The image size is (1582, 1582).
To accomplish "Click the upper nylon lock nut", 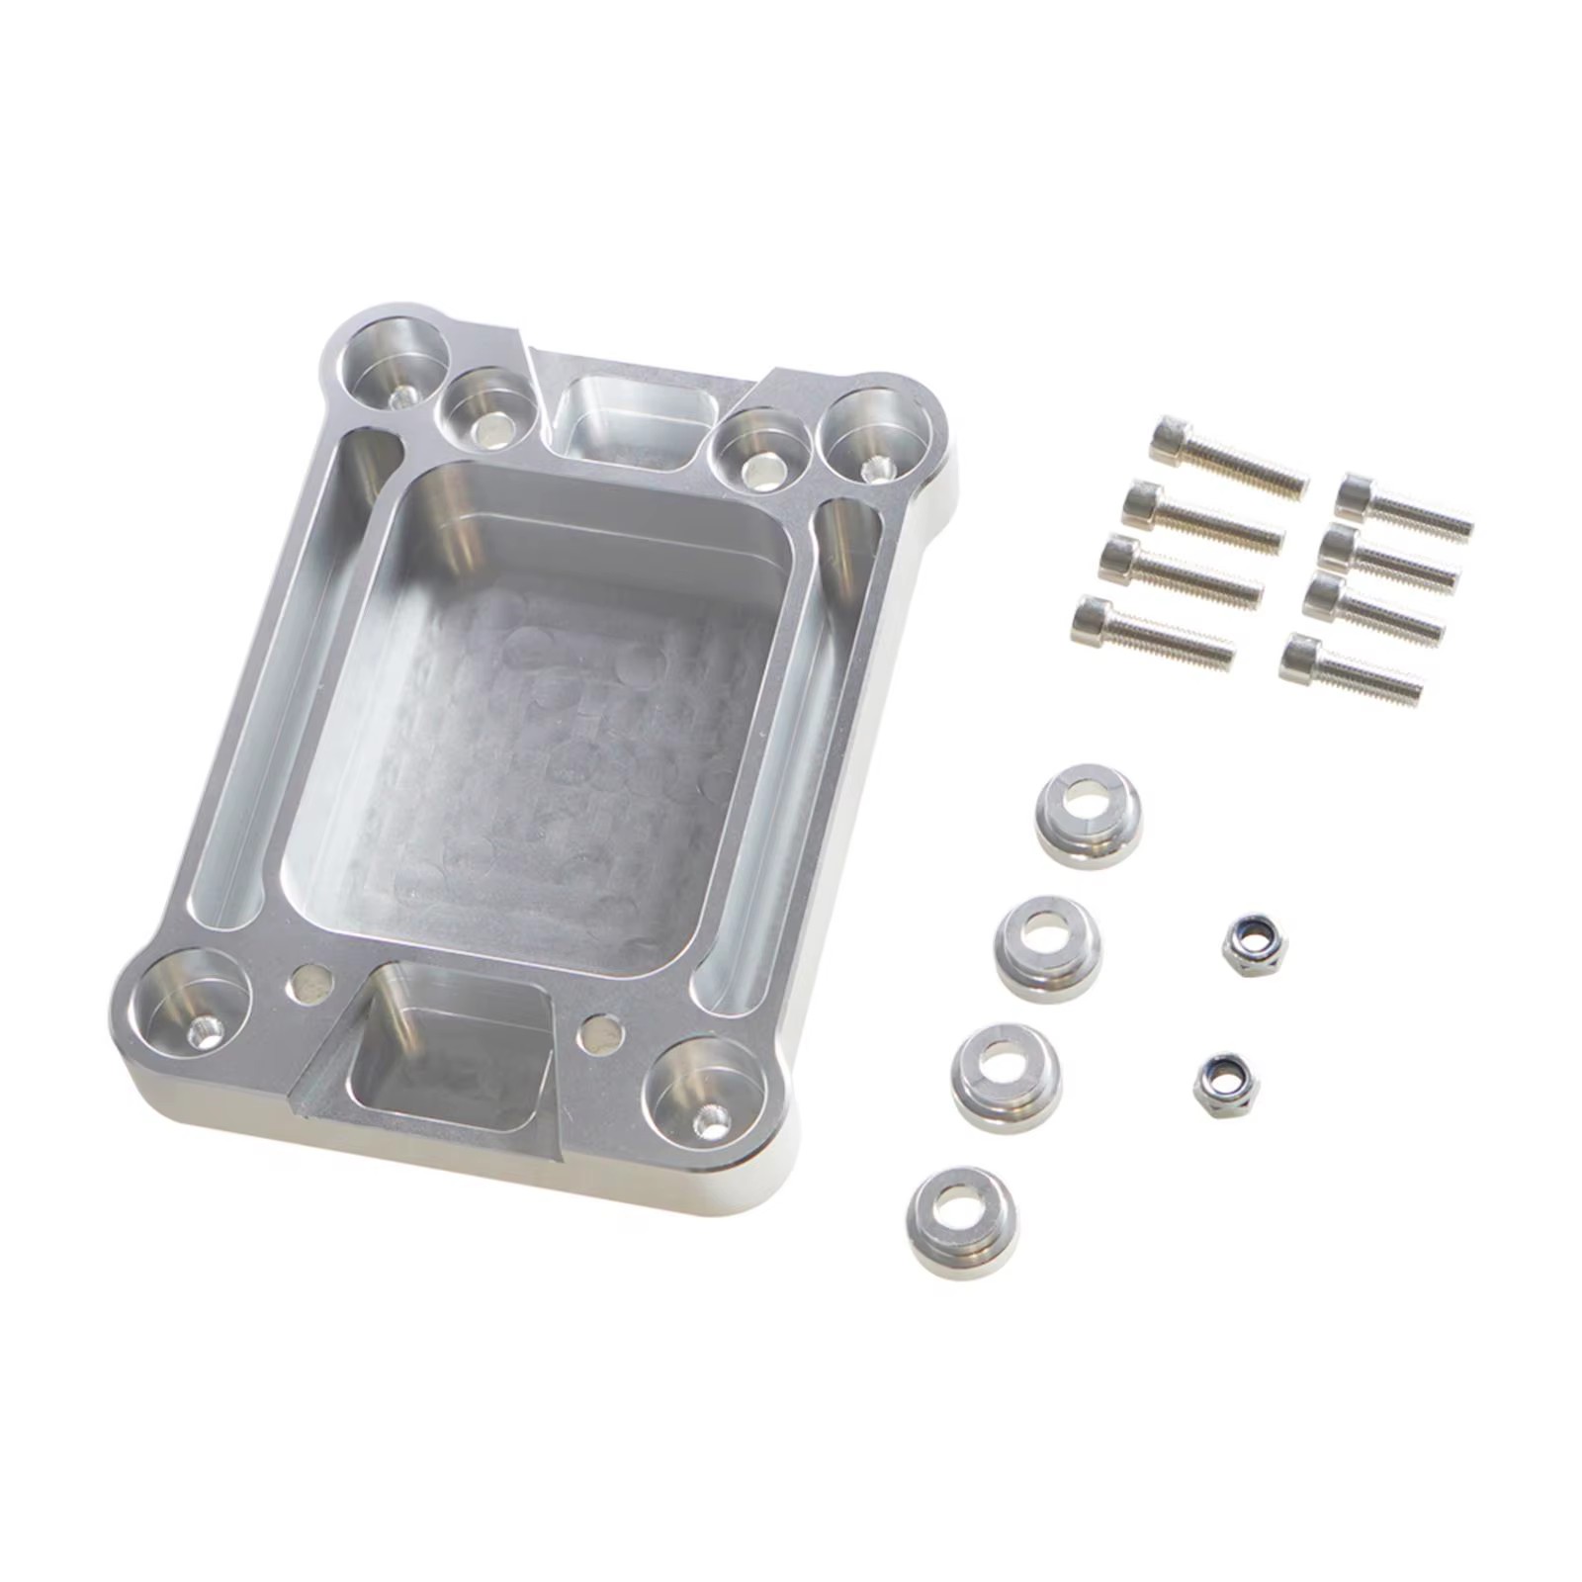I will (x=1254, y=944).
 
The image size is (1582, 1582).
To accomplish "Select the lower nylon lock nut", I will (x=1225, y=1085).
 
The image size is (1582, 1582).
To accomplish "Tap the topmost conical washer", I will (x=1089, y=815).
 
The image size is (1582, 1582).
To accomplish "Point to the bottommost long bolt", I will (x=1152, y=630).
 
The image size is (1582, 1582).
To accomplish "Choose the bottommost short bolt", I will (x=1351, y=669).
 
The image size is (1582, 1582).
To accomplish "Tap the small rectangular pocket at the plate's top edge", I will (x=633, y=420).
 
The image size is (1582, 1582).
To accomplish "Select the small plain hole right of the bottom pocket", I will (x=600, y=1033).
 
